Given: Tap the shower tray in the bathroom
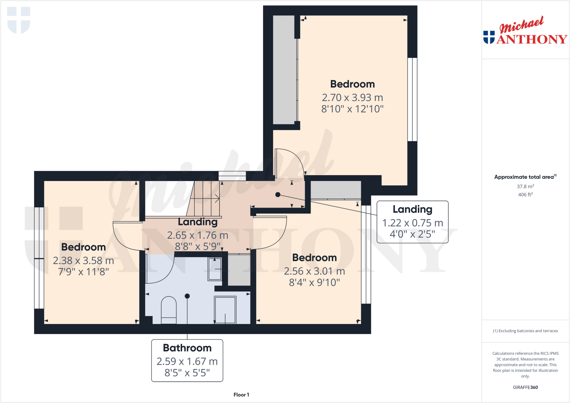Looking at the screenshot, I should (225, 310).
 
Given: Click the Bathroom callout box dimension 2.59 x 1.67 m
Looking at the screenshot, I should (187, 361).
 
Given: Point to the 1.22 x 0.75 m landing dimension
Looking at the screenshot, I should (412, 223).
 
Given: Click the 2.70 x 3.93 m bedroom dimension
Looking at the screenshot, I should (352, 98).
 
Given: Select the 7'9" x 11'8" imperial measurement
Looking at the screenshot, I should (83, 272).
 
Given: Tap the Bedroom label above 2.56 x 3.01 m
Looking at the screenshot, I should (314, 258).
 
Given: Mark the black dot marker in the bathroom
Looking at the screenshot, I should (187, 296).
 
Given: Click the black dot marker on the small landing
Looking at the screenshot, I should (278, 195).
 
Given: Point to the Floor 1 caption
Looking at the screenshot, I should (241, 395).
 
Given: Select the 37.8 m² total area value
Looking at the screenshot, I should (525, 186).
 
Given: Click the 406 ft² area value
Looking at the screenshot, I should (525, 194).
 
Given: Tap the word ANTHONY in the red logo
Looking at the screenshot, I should (532, 39).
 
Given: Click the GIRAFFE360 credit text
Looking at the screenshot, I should (525, 387).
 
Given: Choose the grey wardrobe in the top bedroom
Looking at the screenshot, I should (284, 70).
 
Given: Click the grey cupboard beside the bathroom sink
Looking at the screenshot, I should (239, 270).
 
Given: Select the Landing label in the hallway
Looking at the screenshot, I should (198, 222).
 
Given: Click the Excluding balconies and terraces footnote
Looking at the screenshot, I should (525, 331).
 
